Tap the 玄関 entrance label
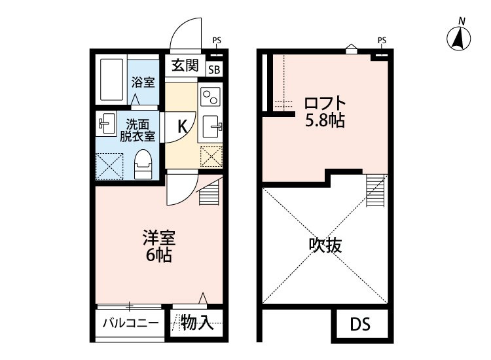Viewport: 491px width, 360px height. pyautogui.click(x=185, y=65)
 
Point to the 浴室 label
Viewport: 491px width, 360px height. pyautogui.click(x=143, y=82)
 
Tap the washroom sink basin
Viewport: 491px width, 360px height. pyautogui.click(x=106, y=124)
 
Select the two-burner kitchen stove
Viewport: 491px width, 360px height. pyautogui.click(x=211, y=98)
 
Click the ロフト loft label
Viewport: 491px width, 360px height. pyautogui.click(x=325, y=104)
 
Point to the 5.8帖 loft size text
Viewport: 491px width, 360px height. pyautogui.click(x=325, y=120)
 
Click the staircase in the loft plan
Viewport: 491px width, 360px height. pyautogui.click(x=376, y=190)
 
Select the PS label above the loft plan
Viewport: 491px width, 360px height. pyautogui.click(x=382, y=41)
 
